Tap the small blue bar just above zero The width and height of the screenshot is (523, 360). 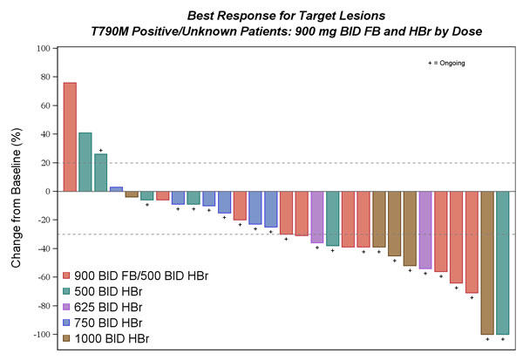[116, 189]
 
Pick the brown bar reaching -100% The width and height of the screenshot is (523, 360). [486, 262]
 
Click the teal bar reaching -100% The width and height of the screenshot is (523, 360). [502, 262]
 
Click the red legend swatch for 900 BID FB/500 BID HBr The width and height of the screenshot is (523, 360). [68, 275]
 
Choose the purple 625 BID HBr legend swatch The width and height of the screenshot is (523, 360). [68, 307]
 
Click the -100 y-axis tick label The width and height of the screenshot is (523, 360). [39, 335]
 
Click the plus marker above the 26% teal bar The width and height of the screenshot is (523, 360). [101, 151]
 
